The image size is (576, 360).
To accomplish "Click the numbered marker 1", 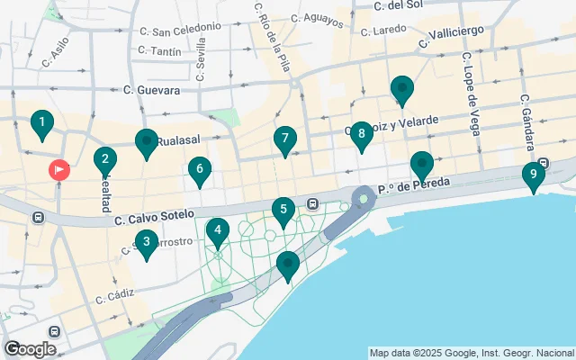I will pos(41,123).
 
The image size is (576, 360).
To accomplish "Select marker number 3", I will pos(146,242).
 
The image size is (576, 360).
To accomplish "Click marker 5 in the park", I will pos(283,212).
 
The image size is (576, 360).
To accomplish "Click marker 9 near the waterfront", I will pos(534,175).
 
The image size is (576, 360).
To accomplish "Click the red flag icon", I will pos(59,168).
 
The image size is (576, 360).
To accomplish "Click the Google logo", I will pos(31,349).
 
